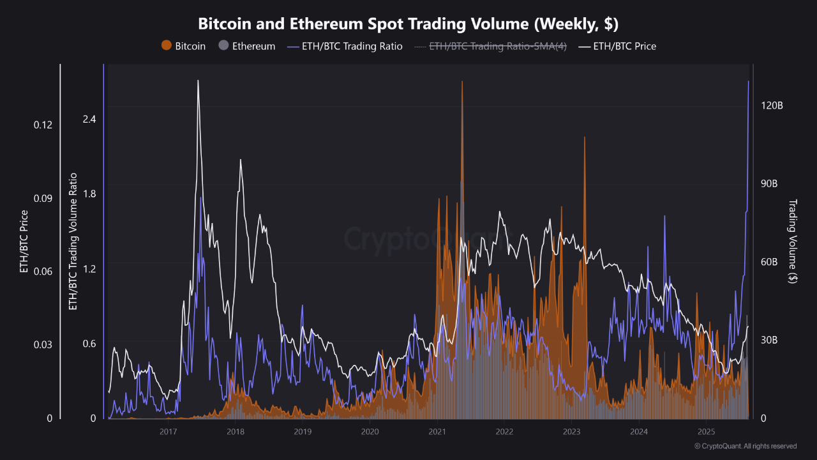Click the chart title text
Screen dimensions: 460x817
click(x=408, y=24)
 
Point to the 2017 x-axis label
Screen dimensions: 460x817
click(x=168, y=431)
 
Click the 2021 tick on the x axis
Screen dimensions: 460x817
click(x=437, y=431)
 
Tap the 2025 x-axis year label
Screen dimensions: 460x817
click(x=707, y=431)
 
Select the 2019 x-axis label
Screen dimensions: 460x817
click(x=303, y=431)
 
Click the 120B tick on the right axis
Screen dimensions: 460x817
click(x=772, y=105)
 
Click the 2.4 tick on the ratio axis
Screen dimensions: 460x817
click(x=89, y=119)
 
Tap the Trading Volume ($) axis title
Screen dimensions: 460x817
click(x=792, y=241)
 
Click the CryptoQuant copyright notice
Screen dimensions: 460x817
click(x=745, y=446)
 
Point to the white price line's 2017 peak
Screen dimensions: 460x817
click(x=198, y=81)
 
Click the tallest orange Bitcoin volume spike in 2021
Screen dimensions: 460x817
click(x=462, y=83)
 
